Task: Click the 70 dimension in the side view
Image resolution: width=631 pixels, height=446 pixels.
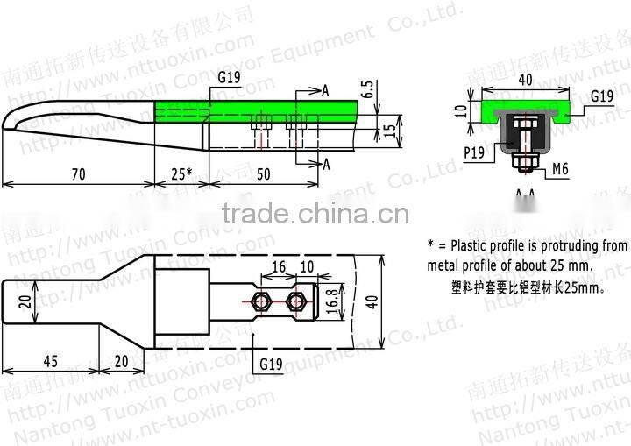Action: [78, 173]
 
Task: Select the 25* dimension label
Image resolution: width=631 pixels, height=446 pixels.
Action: [181, 173]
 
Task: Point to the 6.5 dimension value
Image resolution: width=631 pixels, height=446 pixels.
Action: [366, 90]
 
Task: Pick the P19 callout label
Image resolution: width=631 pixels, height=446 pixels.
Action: [476, 152]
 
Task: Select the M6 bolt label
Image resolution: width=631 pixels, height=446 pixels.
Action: [560, 169]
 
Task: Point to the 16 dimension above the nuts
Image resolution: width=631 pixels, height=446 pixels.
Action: [279, 266]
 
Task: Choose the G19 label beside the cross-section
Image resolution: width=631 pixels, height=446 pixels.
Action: [600, 96]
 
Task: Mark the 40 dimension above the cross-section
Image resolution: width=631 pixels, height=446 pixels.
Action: [524, 80]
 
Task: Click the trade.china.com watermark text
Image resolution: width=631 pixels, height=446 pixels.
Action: [315, 214]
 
